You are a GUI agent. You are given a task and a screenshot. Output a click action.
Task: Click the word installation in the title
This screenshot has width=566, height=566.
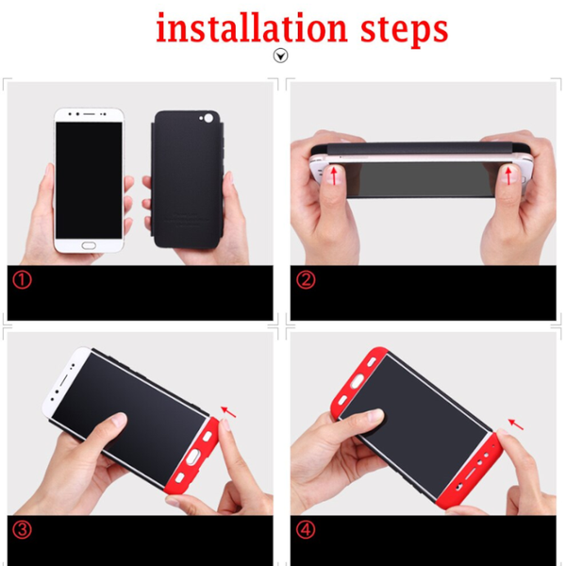tap(252, 27)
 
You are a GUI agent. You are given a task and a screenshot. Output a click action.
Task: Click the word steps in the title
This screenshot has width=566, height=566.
tap(405, 30)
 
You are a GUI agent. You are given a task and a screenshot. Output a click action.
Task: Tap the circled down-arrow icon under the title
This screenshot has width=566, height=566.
tap(280, 56)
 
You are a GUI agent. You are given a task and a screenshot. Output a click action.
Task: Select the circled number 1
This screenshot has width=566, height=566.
tap(22, 280)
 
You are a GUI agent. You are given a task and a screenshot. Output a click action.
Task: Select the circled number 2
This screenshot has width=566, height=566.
tap(306, 280)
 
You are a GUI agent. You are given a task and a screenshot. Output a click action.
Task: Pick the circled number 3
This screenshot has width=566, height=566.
tap(22, 530)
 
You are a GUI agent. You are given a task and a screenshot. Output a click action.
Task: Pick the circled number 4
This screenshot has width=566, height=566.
tap(306, 530)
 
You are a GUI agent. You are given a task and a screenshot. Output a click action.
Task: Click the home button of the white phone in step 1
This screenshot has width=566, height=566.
tap(89, 246)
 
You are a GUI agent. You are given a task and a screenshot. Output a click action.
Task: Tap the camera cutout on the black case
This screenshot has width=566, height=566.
tap(208, 118)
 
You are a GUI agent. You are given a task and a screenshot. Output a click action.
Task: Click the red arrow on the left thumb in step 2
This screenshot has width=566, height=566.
tap(335, 175)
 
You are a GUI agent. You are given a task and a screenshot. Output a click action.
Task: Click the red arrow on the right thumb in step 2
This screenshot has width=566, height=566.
tap(508, 175)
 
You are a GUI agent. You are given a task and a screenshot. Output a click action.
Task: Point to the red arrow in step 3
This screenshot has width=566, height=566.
tap(228, 411)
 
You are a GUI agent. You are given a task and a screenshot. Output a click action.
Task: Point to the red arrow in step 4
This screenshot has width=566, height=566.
tap(516, 424)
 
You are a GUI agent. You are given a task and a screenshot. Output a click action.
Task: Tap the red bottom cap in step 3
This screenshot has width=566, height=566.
tap(191, 456)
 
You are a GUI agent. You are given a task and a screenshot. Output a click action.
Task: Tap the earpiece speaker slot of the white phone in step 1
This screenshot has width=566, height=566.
tap(90, 114)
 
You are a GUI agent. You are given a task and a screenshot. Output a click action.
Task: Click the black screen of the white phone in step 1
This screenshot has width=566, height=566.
tap(89, 180)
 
